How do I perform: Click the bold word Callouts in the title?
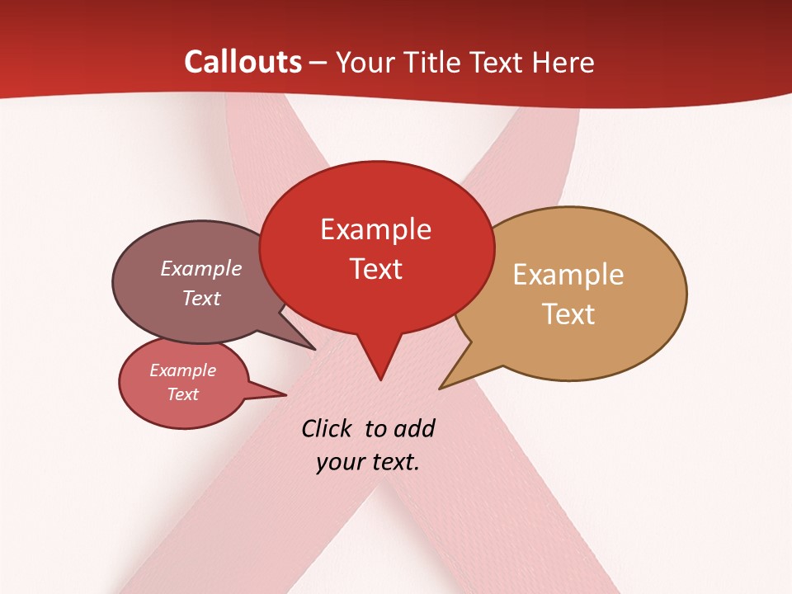243,62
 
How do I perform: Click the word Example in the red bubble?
375,229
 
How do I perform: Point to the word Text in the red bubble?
376,269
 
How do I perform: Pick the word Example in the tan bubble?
568,275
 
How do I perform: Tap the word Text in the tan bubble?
569,314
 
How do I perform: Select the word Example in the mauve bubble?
201,268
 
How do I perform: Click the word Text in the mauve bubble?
201,298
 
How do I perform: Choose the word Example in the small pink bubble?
182,370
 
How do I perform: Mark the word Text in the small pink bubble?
183,394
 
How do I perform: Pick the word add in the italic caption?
413,428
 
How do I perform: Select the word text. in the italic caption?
393,462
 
